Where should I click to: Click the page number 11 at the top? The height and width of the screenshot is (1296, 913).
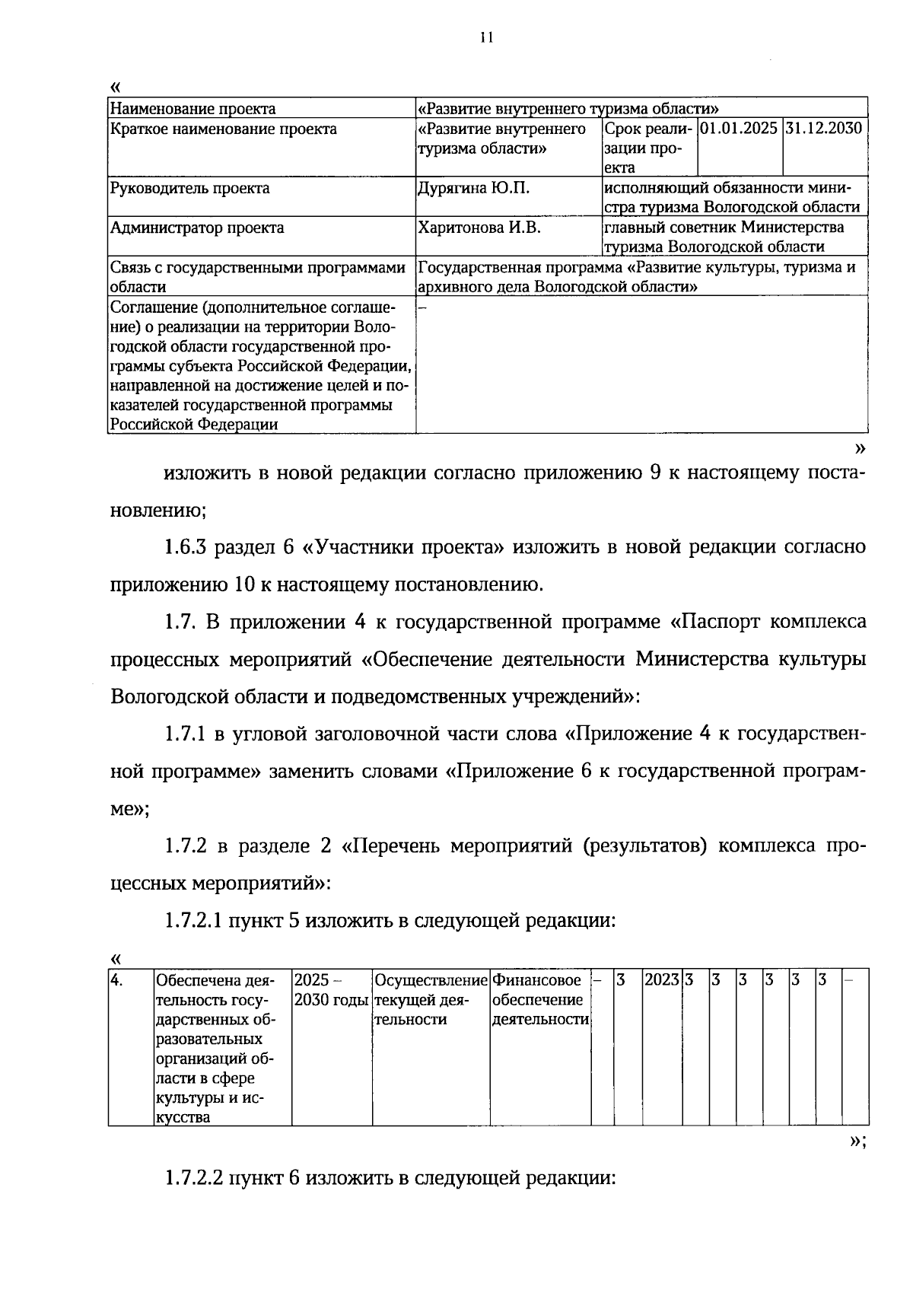click(x=487, y=37)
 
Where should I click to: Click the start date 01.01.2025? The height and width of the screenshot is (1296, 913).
click(x=738, y=128)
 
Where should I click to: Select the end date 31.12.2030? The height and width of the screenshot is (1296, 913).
click(x=825, y=128)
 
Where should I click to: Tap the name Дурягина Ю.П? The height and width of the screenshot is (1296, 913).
click(x=473, y=188)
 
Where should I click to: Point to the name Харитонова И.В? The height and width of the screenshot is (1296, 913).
click(x=479, y=228)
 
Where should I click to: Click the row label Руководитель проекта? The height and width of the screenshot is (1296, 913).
click(x=189, y=188)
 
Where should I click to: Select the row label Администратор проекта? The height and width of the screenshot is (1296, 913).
click(x=197, y=228)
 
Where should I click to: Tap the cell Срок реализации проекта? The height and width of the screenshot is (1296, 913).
click(x=647, y=148)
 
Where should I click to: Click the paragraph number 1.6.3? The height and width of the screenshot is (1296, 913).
click(x=186, y=547)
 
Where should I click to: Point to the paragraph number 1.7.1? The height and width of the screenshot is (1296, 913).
click(x=186, y=734)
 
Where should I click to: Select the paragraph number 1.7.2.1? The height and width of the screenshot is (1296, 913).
click(x=193, y=920)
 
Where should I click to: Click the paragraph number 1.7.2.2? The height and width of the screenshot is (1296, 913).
click(x=193, y=1179)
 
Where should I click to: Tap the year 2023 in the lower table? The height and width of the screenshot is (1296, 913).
click(x=661, y=980)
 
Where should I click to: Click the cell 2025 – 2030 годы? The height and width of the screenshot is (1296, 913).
click(x=331, y=990)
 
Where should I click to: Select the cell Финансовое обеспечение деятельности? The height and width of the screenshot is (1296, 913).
click(x=540, y=999)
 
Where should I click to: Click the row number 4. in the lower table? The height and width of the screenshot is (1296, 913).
click(x=117, y=980)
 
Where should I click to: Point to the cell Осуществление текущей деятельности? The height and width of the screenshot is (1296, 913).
click(x=431, y=999)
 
